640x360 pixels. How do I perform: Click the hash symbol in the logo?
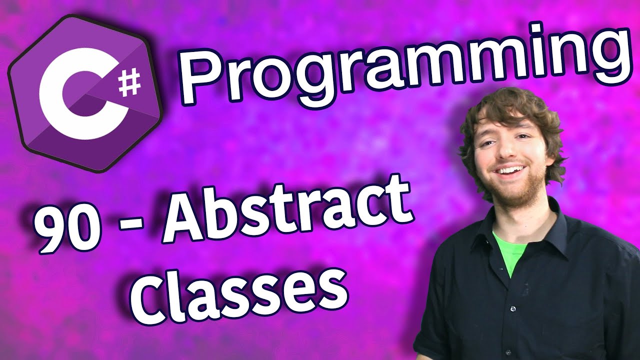pos(129,83)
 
